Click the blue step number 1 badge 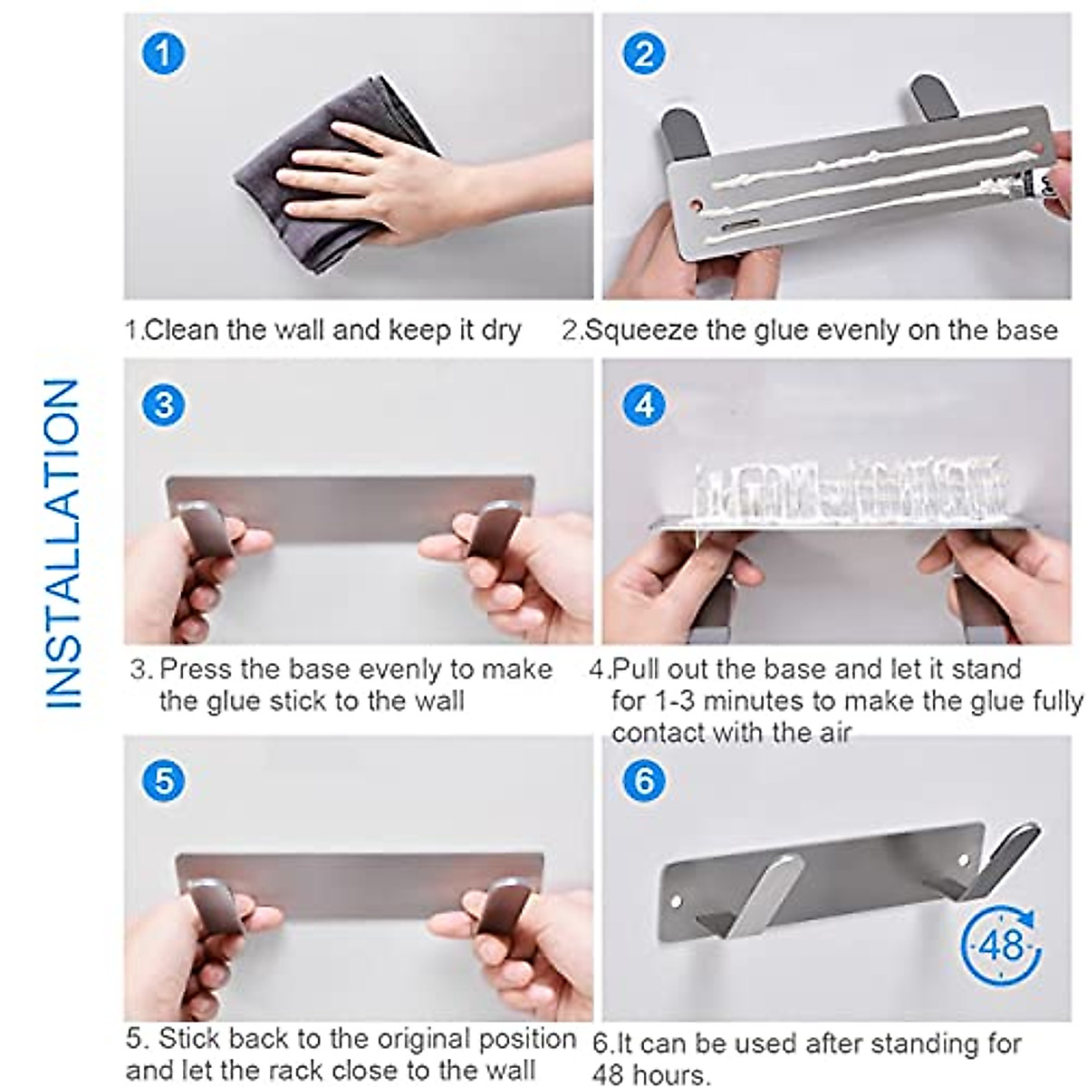pyautogui.click(x=163, y=53)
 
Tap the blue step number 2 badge pyautogui.click(x=644, y=53)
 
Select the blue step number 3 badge pyautogui.click(x=164, y=404)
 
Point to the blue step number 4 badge pyautogui.click(x=644, y=404)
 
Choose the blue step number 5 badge pyautogui.click(x=164, y=780)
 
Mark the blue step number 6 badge pyautogui.click(x=644, y=780)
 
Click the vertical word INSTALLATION pyautogui.click(x=63, y=543)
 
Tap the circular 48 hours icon pyautogui.click(x=1001, y=946)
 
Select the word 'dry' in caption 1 pyautogui.click(x=501, y=330)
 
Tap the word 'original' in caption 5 pyautogui.click(x=422, y=1038)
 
